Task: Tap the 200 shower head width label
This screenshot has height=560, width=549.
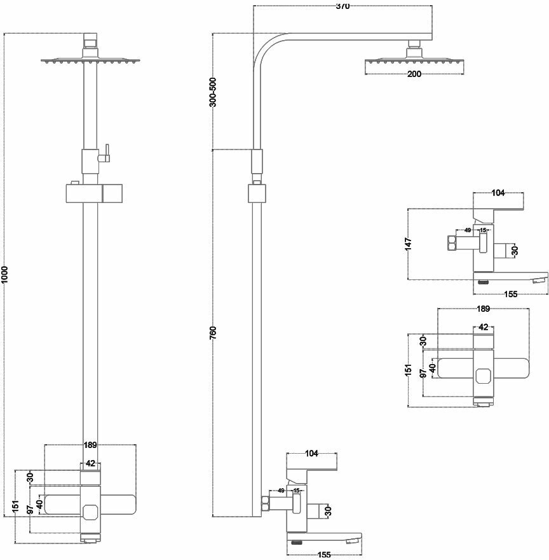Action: pyautogui.click(x=414, y=74)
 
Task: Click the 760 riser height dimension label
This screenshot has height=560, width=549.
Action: pyautogui.click(x=213, y=332)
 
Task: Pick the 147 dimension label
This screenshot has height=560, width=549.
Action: pyautogui.click(x=408, y=243)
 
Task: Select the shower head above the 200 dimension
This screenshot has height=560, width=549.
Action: pyautogui.click(x=413, y=61)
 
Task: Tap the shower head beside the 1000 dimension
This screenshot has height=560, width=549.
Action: pyautogui.click(x=90, y=61)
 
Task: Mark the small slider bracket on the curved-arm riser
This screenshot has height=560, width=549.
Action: pyautogui.click(x=257, y=192)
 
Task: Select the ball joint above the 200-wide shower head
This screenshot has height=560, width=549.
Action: pyautogui.click(x=414, y=46)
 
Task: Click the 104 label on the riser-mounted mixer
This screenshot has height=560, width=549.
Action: pyautogui.click(x=311, y=454)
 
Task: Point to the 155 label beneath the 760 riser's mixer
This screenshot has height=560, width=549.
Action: pyautogui.click(x=324, y=555)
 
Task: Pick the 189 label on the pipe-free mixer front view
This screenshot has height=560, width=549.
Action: pyautogui.click(x=483, y=309)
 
